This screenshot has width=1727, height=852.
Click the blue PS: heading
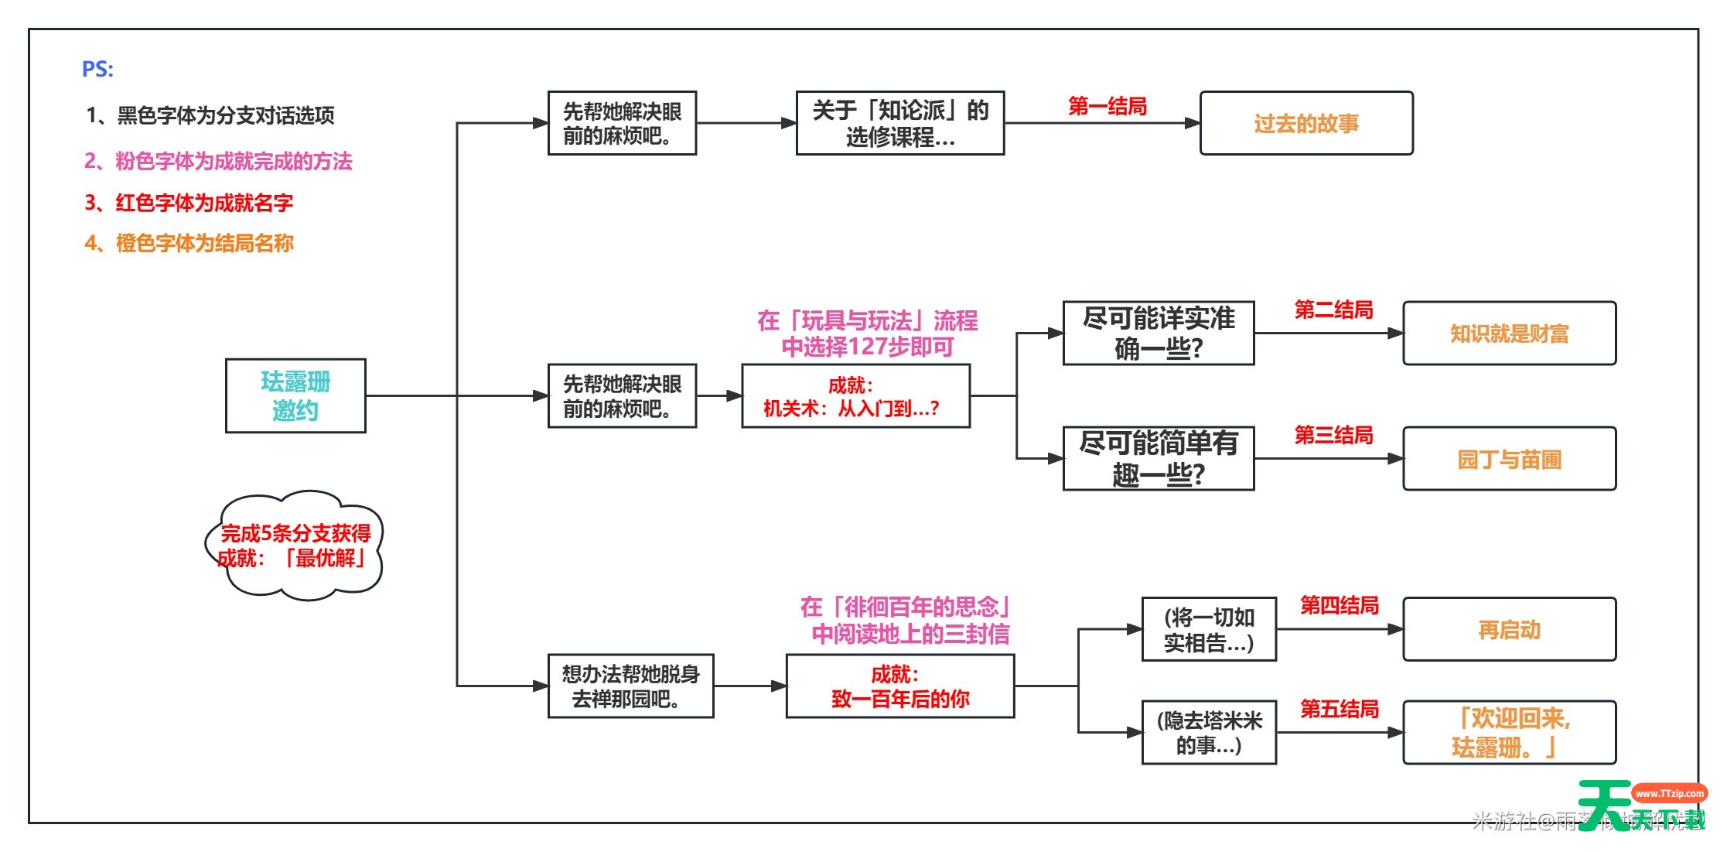pyautogui.click(x=97, y=70)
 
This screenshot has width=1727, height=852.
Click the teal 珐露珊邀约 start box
pyautogui.click(x=295, y=395)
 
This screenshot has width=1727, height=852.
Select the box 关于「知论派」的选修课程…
pyautogui.click(x=900, y=123)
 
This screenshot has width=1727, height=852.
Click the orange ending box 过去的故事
pyautogui.click(x=1306, y=124)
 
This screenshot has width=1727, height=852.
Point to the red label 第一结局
pyautogui.click(x=1108, y=106)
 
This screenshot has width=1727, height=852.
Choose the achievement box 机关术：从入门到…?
pyautogui.click(x=855, y=396)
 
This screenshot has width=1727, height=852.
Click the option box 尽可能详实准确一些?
pyautogui.click(x=1159, y=334)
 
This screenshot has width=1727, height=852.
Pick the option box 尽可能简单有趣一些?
pyautogui.click(x=1159, y=458)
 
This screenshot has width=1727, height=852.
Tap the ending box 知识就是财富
pyautogui.click(x=1509, y=334)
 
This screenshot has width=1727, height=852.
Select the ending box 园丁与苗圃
pyautogui.click(x=1509, y=459)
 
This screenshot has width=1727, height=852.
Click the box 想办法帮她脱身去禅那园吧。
pyautogui.click(x=630, y=686)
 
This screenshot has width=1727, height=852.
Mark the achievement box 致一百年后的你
pyautogui.click(x=900, y=686)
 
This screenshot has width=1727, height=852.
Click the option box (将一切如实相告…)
pyautogui.click(x=1209, y=629)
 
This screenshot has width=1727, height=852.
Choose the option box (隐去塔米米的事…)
pyautogui.click(x=1209, y=733)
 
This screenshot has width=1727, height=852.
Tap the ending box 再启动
pyautogui.click(x=1509, y=629)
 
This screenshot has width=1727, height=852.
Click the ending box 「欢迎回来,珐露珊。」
pyautogui.click(x=1509, y=733)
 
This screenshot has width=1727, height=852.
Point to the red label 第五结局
pyautogui.click(x=1340, y=709)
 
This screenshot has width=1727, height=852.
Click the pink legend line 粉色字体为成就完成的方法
pyautogui.click(x=218, y=161)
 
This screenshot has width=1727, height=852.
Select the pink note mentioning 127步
pyautogui.click(x=867, y=334)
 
